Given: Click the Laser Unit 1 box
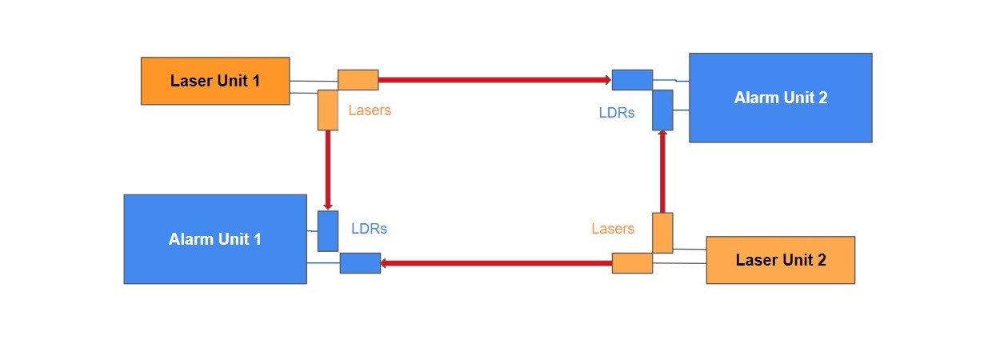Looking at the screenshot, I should pyautogui.click(x=215, y=81).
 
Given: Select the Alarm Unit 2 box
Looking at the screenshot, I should pyautogui.click(x=780, y=98).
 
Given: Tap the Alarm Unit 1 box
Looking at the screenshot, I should pyautogui.click(x=215, y=238).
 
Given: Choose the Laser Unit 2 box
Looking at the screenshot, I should pyautogui.click(x=780, y=260).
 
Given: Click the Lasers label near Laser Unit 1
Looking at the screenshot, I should pyautogui.click(x=370, y=110).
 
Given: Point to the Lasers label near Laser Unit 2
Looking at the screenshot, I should pyautogui.click(x=613, y=229).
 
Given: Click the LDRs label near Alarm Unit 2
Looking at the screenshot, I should pyautogui.click(x=617, y=113).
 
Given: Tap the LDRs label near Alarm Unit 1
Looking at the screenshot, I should pyautogui.click(x=369, y=229).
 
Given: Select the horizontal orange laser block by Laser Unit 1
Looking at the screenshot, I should pyautogui.click(x=358, y=80).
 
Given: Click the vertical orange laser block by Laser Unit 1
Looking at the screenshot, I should pyautogui.click(x=328, y=110).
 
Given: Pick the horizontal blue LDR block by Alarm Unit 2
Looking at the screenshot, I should pyautogui.click(x=632, y=80).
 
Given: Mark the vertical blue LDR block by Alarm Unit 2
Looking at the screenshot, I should pyautogui.click(x=662, y=110).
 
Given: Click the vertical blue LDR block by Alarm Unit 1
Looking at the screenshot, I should pyautogui.click(x=328, y=231).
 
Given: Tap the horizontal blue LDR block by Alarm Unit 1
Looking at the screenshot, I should pyautogui.click(x=360, y=263).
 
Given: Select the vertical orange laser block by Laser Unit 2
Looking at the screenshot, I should pyautogui.click(x=662, y=233).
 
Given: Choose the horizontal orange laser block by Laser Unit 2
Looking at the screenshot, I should pyautogui.click(x=632, y=263).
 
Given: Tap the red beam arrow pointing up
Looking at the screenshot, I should pyautogui.click(x=662, y=171).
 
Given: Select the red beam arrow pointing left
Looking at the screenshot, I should pyautogui.click(x=496, y=263).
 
